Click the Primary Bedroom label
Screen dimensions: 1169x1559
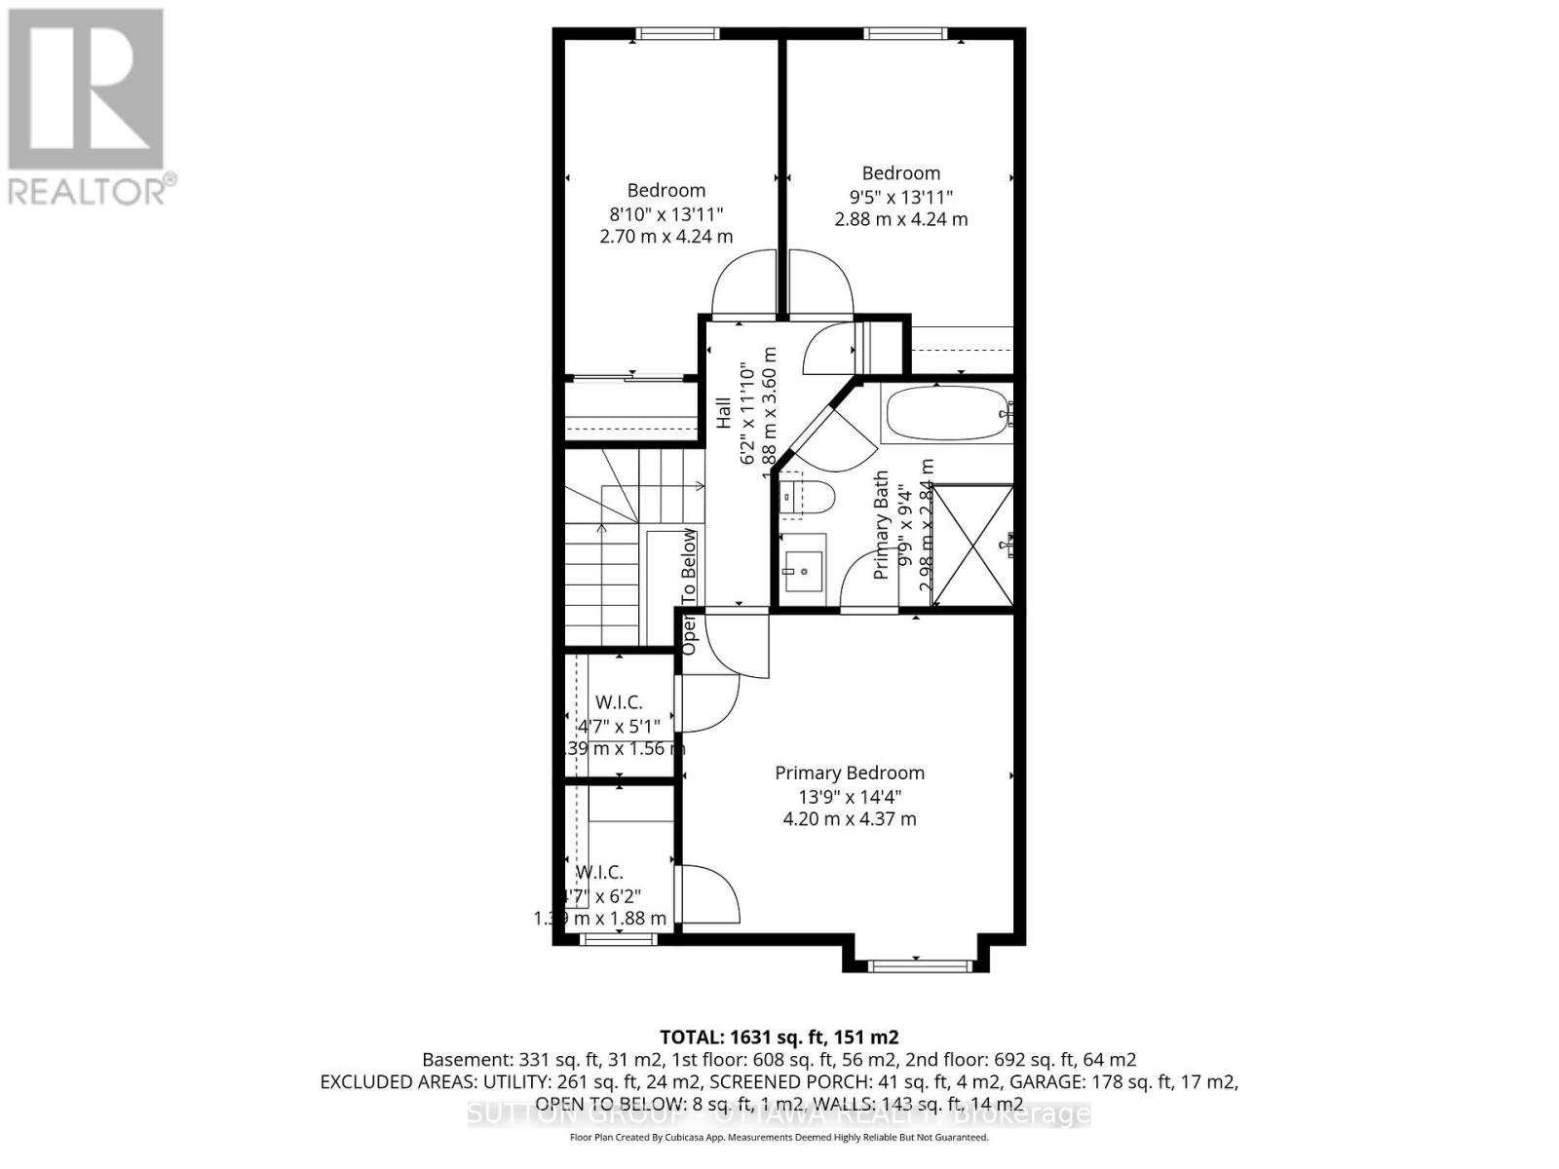849,773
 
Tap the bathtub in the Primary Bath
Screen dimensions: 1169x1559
944,415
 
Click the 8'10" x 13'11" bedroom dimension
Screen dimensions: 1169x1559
665,213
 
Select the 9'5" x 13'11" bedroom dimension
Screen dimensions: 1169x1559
900,196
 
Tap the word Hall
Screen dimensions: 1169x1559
723,413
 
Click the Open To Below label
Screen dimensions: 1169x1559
689,591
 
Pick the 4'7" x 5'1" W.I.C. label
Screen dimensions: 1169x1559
619,726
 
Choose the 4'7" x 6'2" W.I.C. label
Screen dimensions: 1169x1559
600,895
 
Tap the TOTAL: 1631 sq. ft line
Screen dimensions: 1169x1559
779,1037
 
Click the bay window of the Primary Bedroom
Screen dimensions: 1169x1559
920,965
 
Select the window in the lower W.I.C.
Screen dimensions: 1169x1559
618,939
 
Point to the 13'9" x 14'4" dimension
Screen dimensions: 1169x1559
849,796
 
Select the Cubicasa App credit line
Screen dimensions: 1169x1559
779,1138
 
